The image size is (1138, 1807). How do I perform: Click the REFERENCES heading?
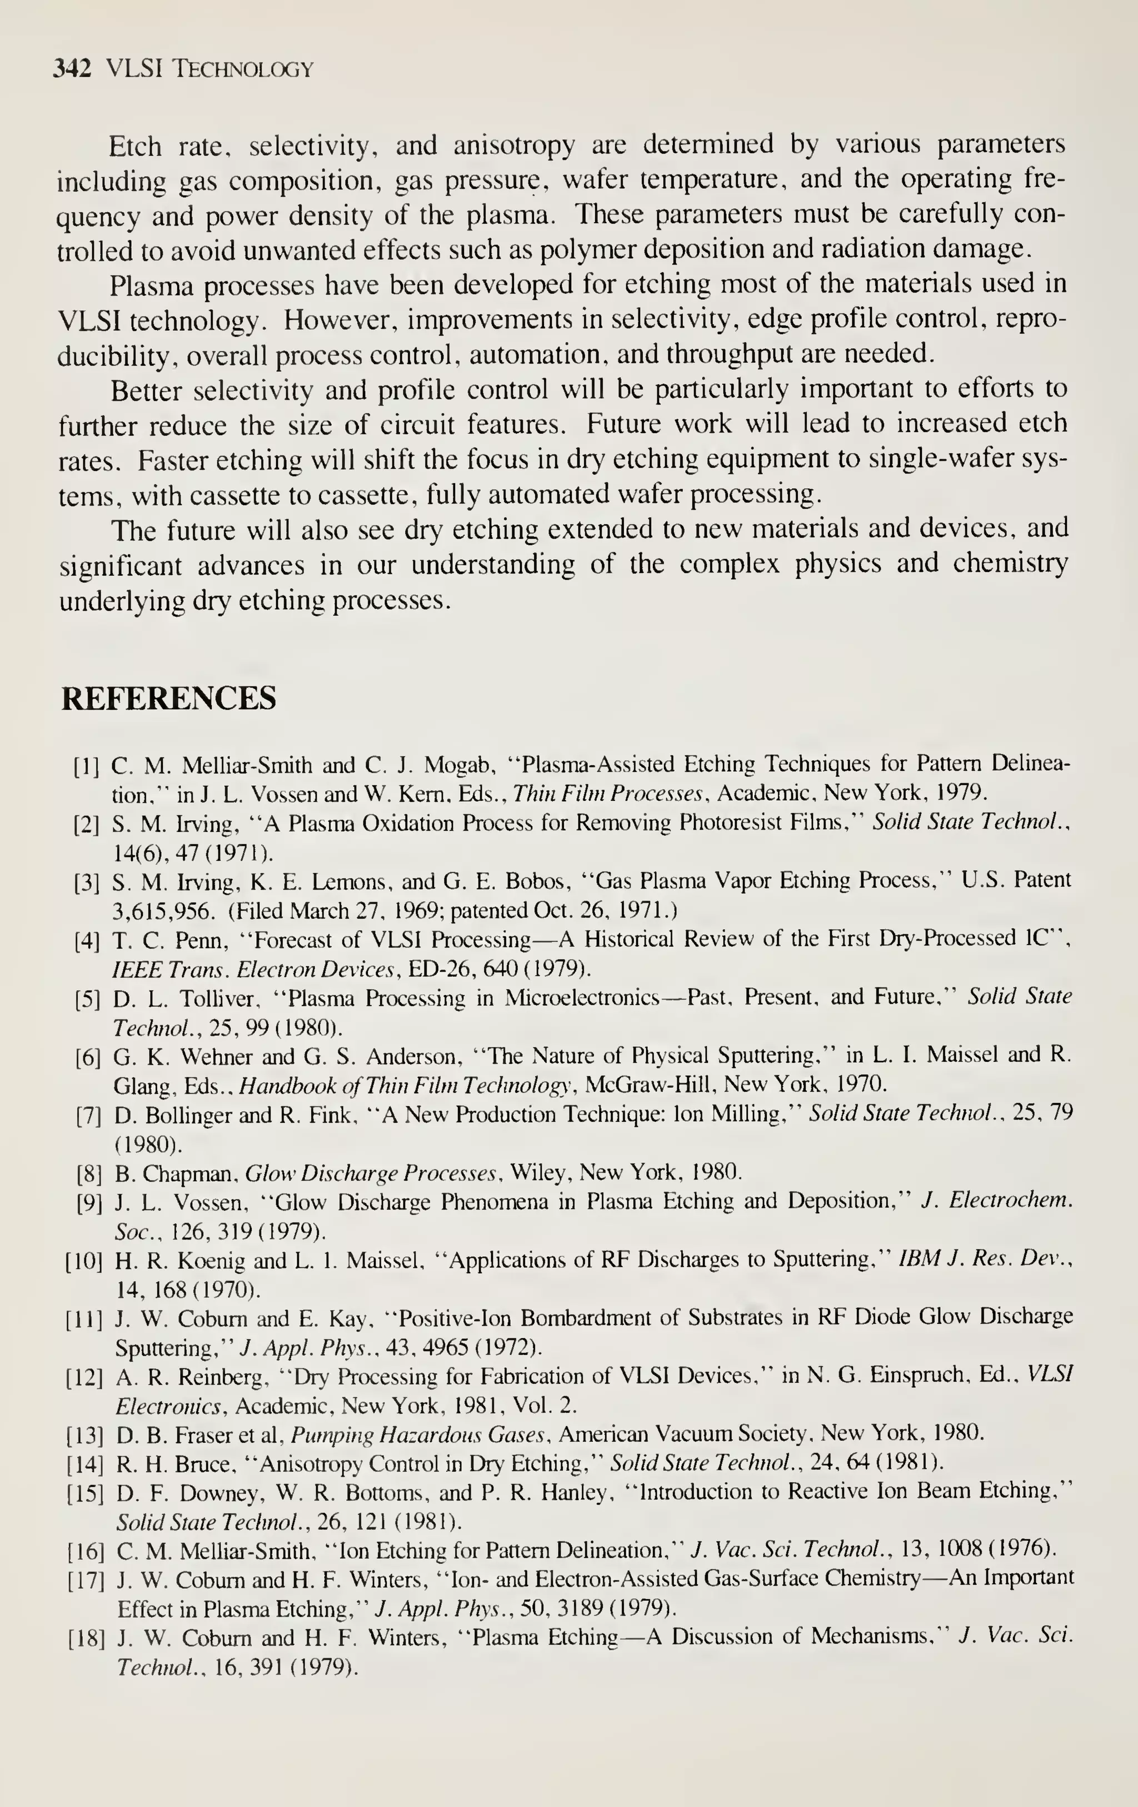(x=168, y=698)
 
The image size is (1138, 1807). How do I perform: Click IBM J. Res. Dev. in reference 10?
(x=985, y=1259)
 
